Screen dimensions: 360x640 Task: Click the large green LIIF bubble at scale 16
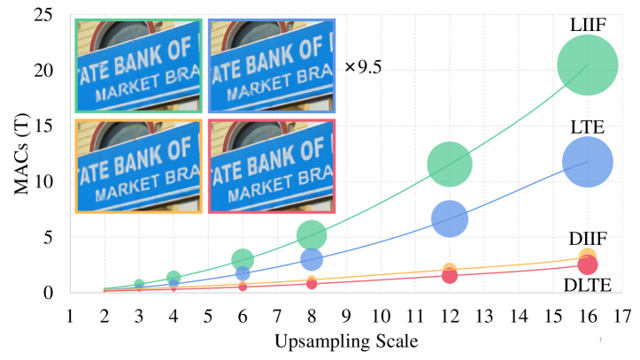[588, 65]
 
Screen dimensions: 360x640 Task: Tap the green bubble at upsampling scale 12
[450, 164]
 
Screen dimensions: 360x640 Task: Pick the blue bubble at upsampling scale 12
[450, 218]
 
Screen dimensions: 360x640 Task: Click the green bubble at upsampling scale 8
[312, 234]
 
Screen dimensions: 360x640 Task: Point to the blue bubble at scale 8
[312, 259]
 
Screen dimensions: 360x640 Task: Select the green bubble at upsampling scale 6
[243, 259]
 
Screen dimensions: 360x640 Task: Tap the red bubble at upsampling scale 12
[450, 276]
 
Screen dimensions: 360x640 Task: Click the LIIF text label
[587, 22]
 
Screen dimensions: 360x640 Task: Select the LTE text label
[587, 128]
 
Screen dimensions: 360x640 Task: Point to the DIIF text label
[587, 240]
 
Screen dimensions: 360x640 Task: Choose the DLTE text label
[587, 285]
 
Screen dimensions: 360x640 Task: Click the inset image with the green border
[139, 66]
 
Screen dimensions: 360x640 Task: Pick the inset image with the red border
[272, 165]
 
